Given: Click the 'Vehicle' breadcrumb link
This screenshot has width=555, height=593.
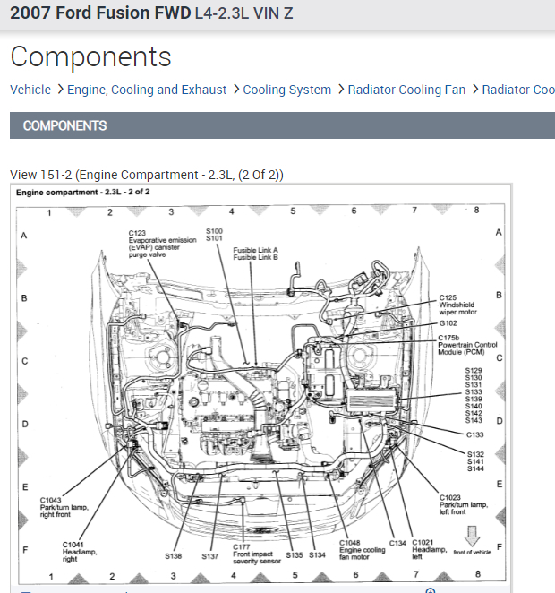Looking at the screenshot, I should (x=30, y=90).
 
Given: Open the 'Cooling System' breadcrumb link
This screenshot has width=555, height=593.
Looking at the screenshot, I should (x=286, y=90).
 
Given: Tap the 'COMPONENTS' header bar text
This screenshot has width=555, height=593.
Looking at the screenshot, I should (x=64, y=125).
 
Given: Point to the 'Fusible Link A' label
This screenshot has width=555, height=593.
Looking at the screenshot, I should (x=255, y=250).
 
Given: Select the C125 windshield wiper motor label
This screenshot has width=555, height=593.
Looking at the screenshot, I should (x=458, y=305).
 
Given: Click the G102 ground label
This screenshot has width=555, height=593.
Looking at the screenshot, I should (x=448, y=322).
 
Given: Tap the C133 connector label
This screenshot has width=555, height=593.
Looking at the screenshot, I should (x=474, y=434).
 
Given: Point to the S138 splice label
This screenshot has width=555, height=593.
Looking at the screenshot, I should (x=174, y=556).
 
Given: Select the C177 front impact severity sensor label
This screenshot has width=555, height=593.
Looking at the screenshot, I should (x=254, y=553).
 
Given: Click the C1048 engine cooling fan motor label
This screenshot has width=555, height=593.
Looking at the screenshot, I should (x=362, y=549).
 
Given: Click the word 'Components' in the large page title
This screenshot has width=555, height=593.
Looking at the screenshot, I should (x=90, y=56).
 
